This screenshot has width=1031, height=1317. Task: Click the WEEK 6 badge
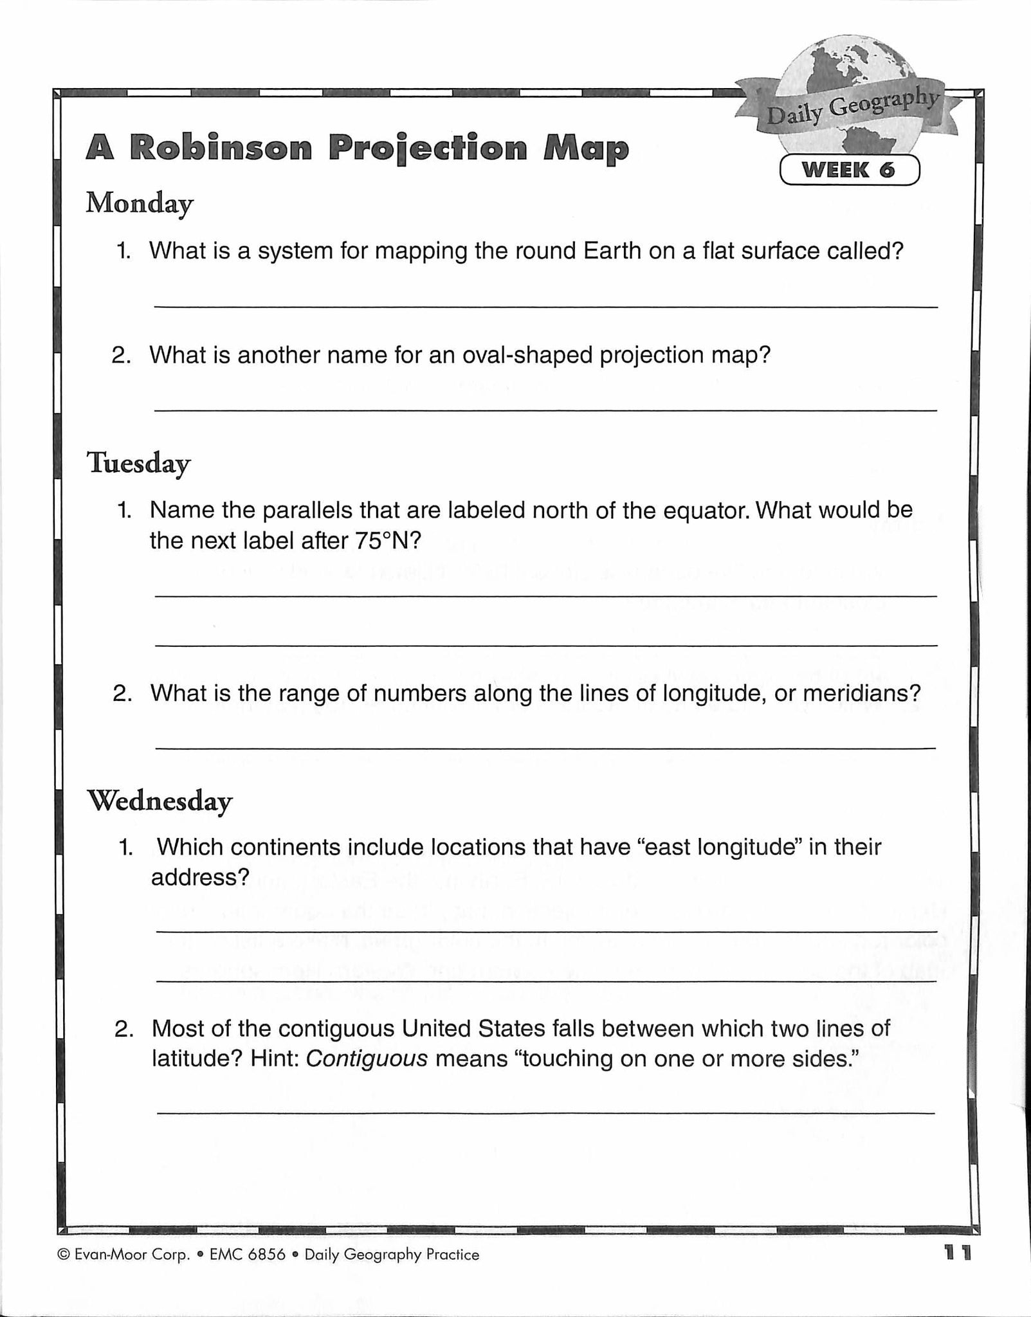(849, 170)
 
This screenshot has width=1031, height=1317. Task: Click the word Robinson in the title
(221, 148)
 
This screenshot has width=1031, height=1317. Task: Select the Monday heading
(140, 204)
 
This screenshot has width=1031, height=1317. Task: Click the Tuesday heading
(138, 463)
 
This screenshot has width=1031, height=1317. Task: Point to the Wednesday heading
(159, 801)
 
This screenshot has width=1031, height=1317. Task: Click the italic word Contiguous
(367, 1058)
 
